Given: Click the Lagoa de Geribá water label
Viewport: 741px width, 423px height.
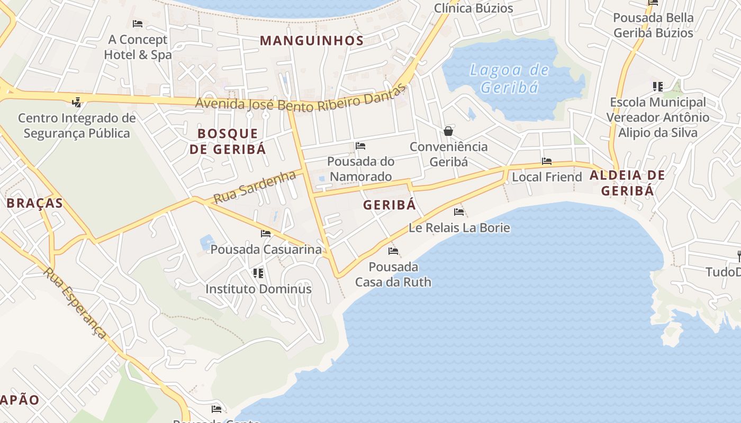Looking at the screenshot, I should click(x=510, y=78).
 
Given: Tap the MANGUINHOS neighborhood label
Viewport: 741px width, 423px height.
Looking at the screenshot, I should click(x=312, y=41).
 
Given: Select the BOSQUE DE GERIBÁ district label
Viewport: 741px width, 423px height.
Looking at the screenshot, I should click(x=228, y=141).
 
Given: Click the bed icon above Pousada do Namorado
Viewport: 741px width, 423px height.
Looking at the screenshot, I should click(x=360, y=145).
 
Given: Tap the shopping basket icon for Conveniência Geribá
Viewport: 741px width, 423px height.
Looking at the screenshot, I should click(x=448, y=131).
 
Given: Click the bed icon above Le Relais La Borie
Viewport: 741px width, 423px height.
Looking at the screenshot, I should click(x=459, y=212).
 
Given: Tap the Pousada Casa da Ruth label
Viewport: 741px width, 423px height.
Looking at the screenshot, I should click(x=393, y=274).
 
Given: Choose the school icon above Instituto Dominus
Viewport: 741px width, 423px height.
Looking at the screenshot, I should click(x=258, y=273).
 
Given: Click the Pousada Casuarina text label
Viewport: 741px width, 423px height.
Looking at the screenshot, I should click(x=266, y=249).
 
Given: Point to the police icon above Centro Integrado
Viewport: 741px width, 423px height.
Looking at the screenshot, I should click(x=77, y=102).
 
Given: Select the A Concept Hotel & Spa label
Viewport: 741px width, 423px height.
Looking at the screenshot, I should click(x=138, y=47).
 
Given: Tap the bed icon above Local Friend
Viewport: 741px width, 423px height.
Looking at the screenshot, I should click(x=547, y=161).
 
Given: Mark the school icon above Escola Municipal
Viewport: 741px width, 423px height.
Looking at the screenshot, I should click(x=657, y=86).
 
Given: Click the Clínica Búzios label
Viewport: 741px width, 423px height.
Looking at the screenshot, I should click(x=473, y=8).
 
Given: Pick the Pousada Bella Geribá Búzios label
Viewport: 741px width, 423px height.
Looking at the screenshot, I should click(x=653, y=25).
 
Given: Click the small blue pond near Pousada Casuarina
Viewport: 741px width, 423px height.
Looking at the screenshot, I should click(x=207, y=242).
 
